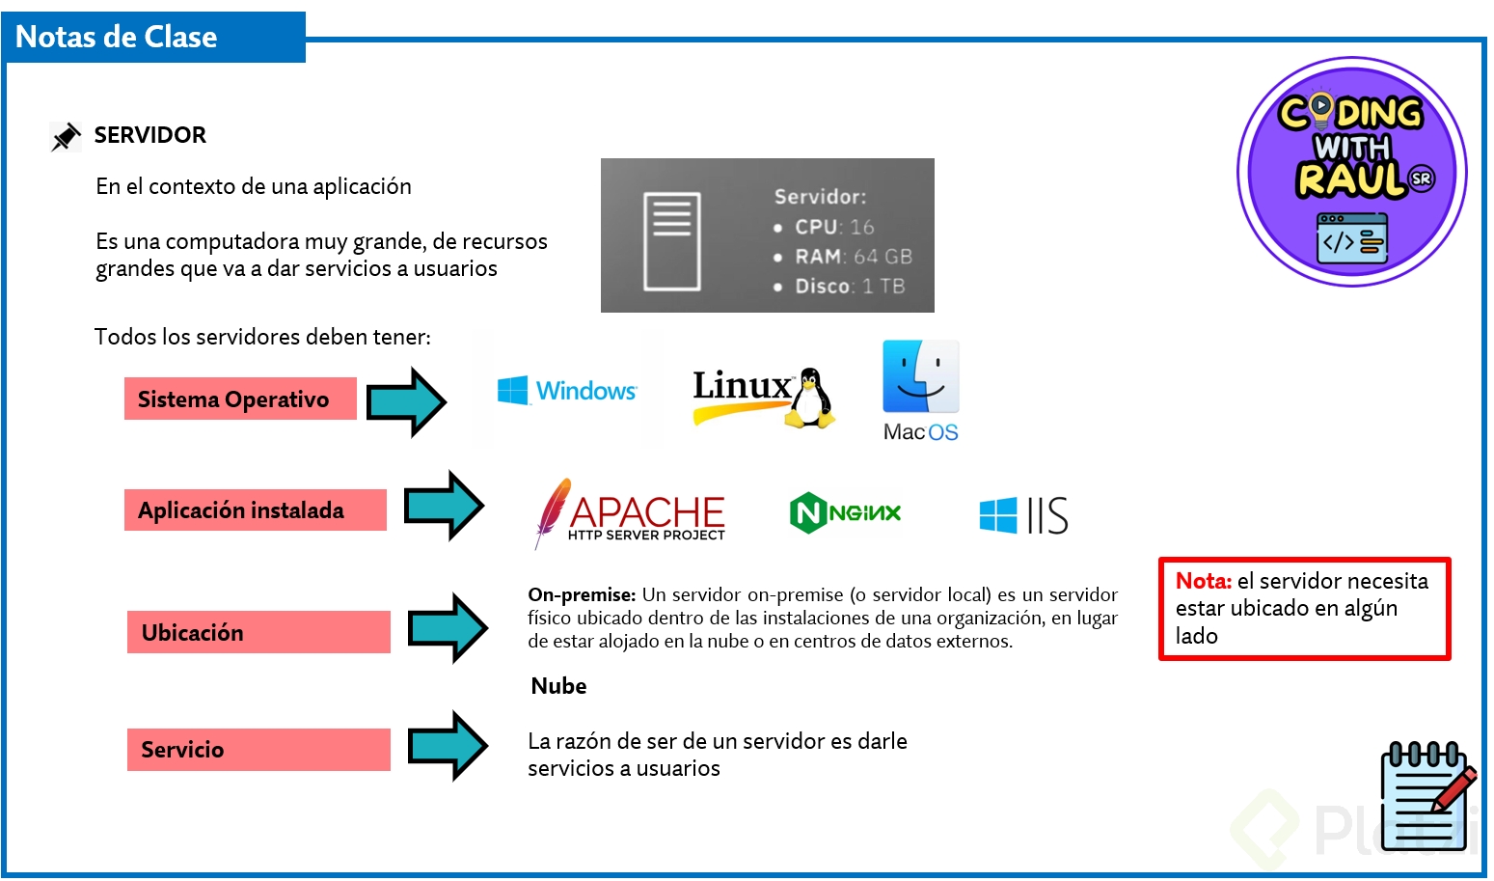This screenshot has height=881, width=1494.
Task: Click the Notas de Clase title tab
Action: point(154,38)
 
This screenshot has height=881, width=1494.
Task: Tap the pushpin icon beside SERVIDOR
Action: point(66,136)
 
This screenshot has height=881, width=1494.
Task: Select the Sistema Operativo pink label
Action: point(240,399)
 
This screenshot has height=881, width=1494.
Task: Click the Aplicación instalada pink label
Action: point(255,510)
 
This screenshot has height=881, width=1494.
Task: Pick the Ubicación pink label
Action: point(258,633)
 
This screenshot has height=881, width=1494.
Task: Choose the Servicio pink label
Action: point(258,750)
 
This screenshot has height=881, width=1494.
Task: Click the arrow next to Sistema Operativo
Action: point(406,401)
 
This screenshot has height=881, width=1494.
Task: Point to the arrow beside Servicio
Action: point(448,746)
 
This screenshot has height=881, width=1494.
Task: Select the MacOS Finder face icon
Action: point(920,376)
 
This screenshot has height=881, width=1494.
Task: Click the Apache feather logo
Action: point(554,511)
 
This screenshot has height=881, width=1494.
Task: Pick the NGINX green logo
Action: point(845,512)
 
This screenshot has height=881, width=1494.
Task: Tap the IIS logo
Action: point(1023,515)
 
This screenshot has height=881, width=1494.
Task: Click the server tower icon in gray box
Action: point(671,240)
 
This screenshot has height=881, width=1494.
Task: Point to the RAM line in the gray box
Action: point(852,257)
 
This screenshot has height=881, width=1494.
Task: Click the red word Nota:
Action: point(1203,581)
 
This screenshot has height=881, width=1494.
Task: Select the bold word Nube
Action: point(558,686)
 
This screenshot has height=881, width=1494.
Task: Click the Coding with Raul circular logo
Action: point(1351,172)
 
